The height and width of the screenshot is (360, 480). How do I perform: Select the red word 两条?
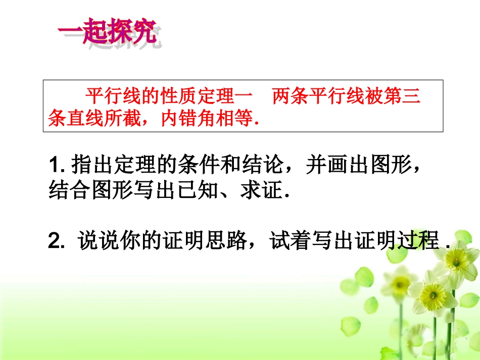(292, 95)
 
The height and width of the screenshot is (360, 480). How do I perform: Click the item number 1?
(55, 165)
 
